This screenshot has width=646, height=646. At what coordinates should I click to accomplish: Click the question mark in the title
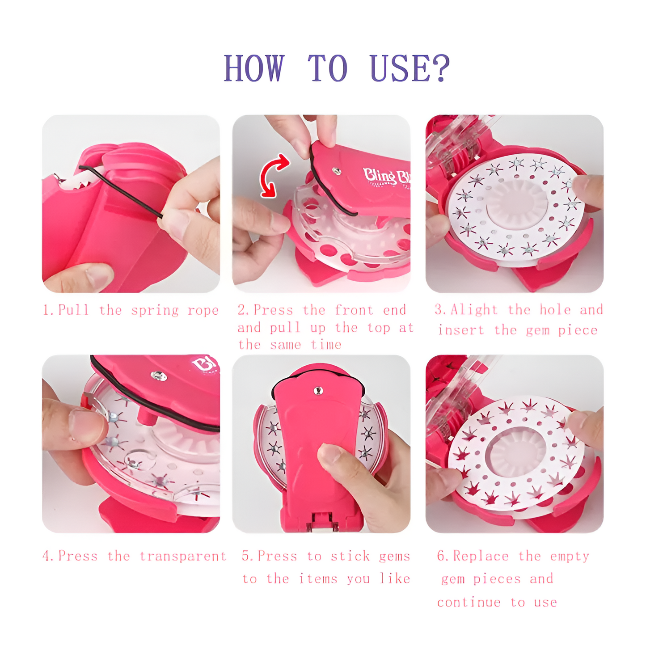point(441,68)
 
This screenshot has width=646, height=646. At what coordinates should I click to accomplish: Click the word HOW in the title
point(253,68)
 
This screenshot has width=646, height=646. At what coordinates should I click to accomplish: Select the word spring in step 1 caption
point(155,310)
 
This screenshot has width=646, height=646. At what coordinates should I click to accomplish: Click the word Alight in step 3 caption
point(474,310)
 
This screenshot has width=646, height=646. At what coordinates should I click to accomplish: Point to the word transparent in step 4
point(183,556)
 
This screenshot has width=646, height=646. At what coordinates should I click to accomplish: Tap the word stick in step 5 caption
point(350,556)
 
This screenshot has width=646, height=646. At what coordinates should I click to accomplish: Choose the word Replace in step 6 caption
point(481,556)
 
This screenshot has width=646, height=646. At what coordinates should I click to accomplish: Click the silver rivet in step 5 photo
point(318,391)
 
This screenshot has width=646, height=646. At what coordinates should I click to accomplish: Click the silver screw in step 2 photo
point(337,171)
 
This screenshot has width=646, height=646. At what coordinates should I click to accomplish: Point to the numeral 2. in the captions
point(244,310)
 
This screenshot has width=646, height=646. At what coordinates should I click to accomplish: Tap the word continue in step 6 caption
point(469,603)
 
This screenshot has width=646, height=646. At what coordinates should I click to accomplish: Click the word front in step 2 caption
point(354,310)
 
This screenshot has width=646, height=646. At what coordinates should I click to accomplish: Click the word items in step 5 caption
point(318,579)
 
